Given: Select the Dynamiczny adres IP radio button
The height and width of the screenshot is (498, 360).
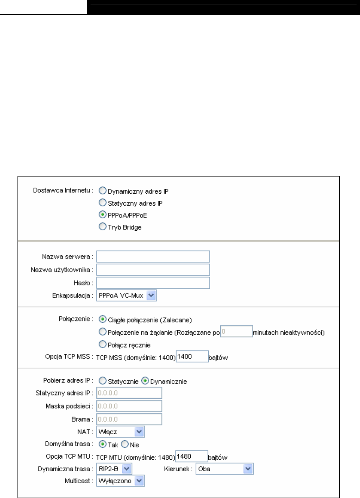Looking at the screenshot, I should [x=101, y=190].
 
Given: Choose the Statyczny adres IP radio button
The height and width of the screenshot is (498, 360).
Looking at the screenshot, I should [x=101, y=203].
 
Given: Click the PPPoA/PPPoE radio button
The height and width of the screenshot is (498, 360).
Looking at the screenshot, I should [x=101, y=216].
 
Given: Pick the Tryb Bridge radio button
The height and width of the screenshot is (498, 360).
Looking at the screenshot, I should [x=101, y=228].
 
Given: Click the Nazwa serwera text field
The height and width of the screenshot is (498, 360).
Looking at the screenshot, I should [x=153, y=257].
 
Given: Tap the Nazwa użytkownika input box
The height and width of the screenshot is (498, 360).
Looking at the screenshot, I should [x=153, y=270].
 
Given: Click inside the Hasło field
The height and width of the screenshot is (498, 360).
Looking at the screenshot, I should [x=153, y=283].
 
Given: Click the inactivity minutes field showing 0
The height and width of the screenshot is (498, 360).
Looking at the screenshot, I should [x=236, y=332].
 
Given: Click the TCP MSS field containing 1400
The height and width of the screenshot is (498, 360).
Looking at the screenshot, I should [x=192, y=357].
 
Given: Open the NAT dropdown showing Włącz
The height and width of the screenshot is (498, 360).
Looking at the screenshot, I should [x=121, y=431].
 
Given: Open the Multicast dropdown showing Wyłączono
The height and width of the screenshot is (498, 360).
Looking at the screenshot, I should [x=121, y=482].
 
